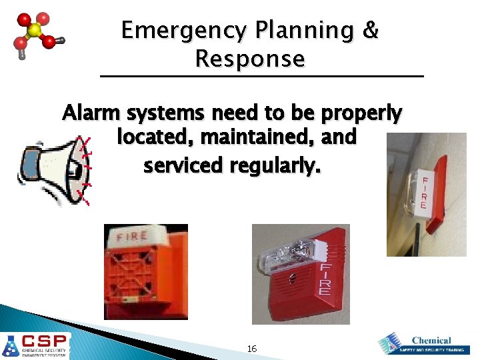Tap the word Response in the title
[x=250, y=59]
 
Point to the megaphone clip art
[x=53, y=169]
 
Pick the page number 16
[x=252, y=349]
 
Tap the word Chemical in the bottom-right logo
[x=431, y=340]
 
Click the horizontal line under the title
[x=261, y=77]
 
